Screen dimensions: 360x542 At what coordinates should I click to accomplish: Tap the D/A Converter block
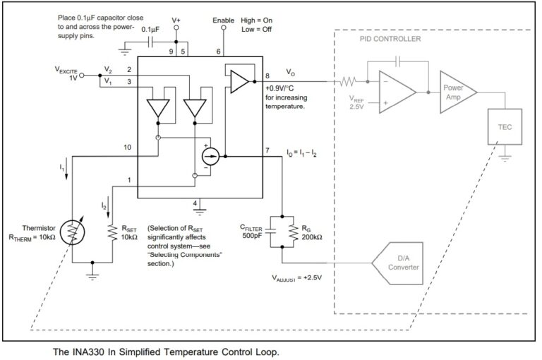[x=402, y=262]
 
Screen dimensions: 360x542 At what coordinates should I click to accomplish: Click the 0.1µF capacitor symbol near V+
[x=149, y=42]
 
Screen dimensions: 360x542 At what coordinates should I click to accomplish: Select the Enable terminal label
[x=223, y=20]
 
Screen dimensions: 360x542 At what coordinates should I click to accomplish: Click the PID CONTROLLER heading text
[x=390, y=40]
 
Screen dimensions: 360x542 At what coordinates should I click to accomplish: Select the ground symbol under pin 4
[x=200, y=210]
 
